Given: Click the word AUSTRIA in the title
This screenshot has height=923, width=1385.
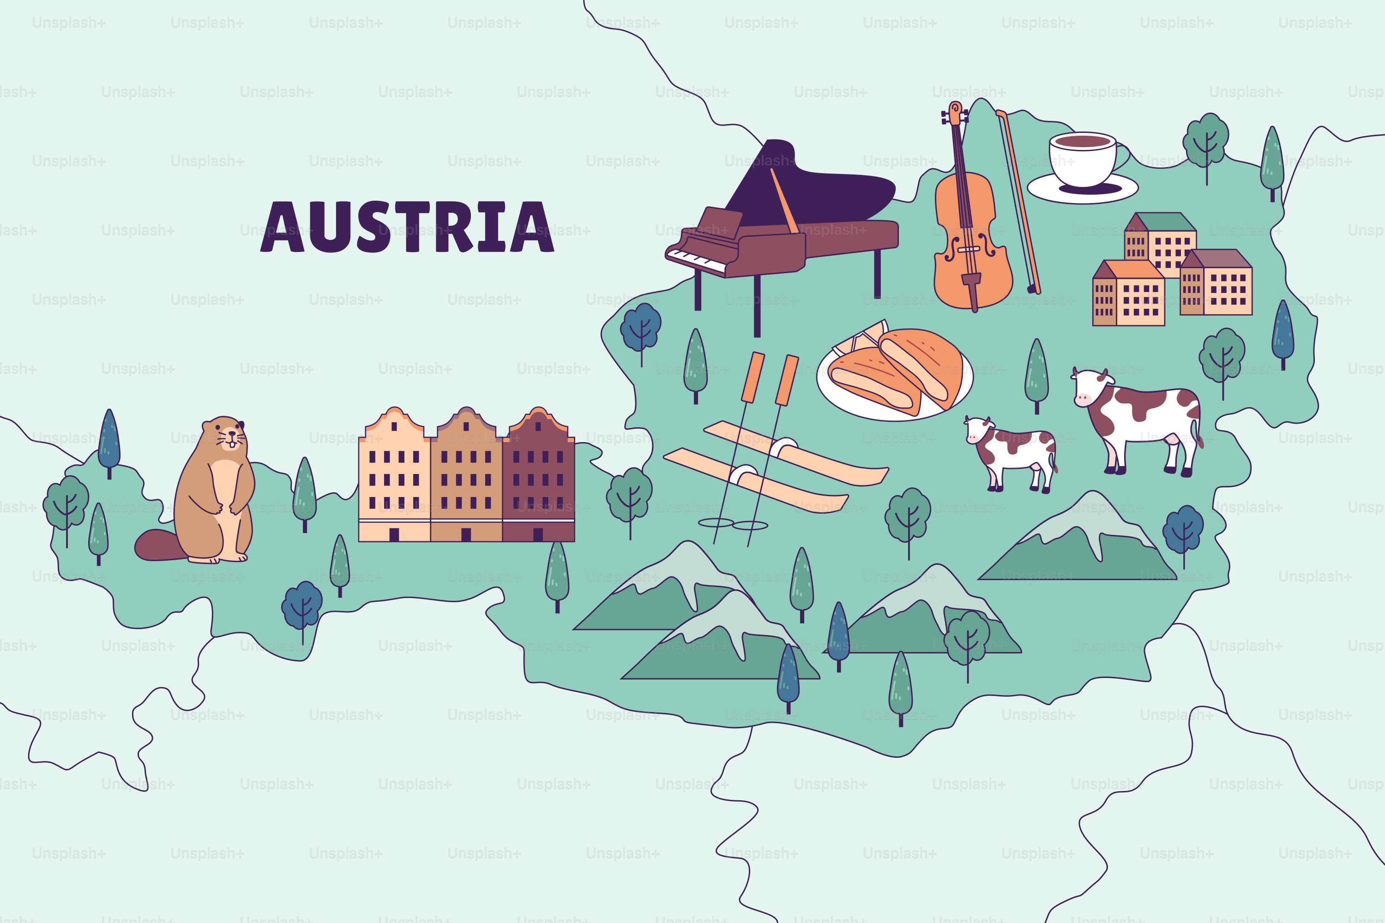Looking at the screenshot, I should tap(407, 227).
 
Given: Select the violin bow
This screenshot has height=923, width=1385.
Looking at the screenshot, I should tap(1019, 200).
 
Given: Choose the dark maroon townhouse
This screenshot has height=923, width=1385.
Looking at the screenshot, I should tap(538, 477).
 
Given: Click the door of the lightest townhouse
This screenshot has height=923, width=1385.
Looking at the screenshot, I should tap(394, 534).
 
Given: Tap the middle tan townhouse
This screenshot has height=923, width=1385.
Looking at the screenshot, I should tap(466, 477).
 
